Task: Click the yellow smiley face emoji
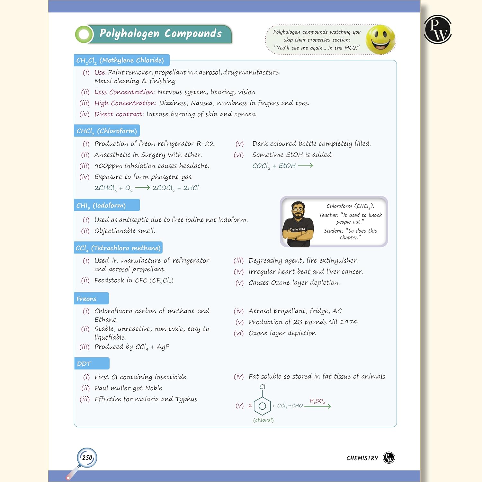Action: click(x=380, y=39)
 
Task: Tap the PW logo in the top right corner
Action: click(x=438, y=29)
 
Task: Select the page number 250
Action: click(x=87, y=458)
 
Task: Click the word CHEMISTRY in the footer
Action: click(x=362, y=458)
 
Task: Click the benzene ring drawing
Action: click(x=262, y=406)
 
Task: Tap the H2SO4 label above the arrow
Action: click(x=317, y=401)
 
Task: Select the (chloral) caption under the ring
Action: click(x=263, y=420)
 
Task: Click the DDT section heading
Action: click(x=84, y=364)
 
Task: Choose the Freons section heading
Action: click(x=86, y=299)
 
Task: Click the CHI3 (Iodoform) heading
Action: click(x=101, y=205)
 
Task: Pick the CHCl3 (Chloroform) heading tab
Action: click(x=107, y=131)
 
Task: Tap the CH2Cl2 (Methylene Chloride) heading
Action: click(x=120, y=60)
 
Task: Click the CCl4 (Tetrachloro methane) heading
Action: click(x=118, y=248)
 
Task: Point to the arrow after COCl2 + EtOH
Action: click(x=305, y=165)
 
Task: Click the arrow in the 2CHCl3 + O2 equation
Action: click(x=142, y=188)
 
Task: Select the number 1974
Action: click(x=349, y=322)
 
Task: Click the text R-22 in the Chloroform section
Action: click(x=206, y=144)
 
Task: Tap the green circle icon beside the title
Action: click(x=84, y=34)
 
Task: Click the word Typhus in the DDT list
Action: click(x=186, y=399)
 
